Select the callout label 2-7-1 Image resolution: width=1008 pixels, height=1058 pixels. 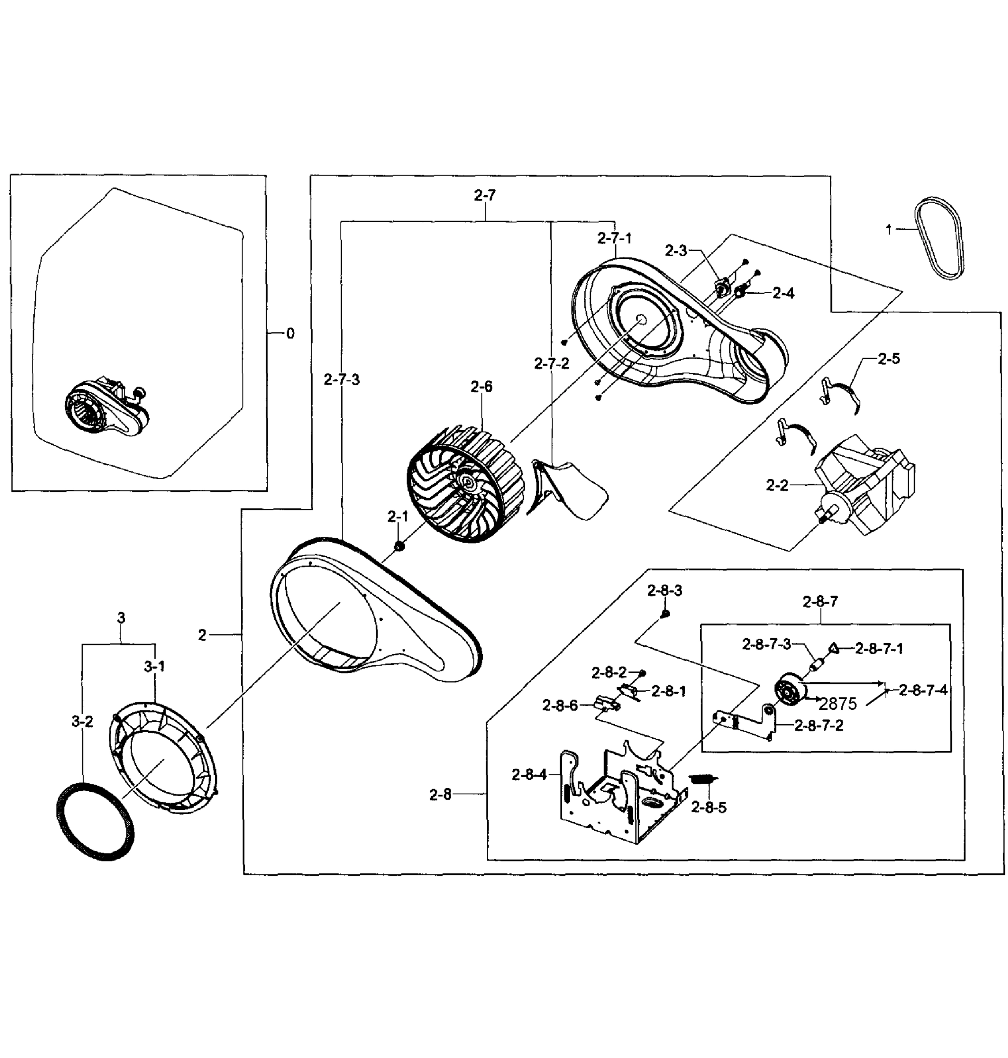point(614,238)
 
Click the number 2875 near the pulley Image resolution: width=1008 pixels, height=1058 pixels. point(838,704)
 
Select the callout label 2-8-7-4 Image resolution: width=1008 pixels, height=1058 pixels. point(923,691)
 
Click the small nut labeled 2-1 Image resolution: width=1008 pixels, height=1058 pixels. point(399,546)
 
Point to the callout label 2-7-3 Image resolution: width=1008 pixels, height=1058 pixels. point(342,380)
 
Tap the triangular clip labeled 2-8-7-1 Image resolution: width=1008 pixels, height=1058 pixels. point(833,648)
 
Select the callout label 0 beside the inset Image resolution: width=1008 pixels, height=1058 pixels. point(290,334)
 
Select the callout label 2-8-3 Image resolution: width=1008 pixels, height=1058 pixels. point(665,591)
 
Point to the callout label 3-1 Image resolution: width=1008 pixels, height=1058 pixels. point(154,667)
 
